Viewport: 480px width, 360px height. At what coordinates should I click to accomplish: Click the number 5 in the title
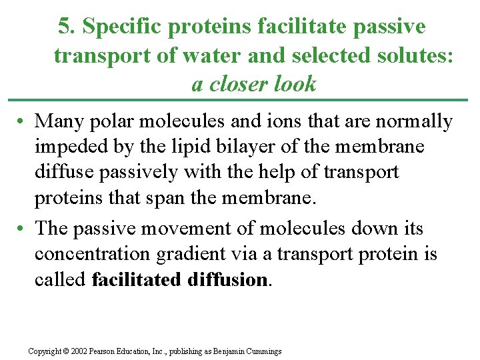pyautogui.click(x=64, y=27)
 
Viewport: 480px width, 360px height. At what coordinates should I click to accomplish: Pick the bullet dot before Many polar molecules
pyautogui.click(x=22, y=122)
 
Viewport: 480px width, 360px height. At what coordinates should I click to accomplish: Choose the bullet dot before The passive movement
pyautogui.click(x=22, y=229)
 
